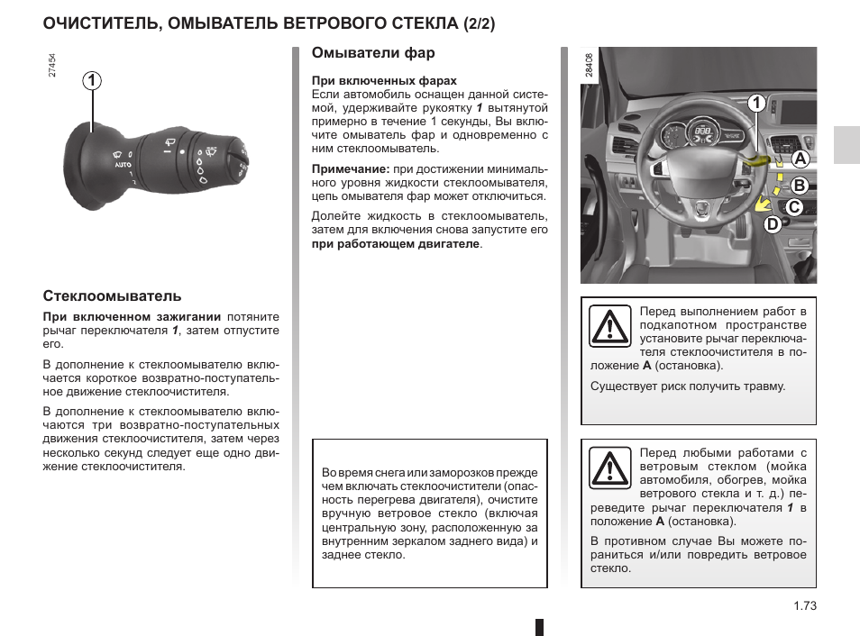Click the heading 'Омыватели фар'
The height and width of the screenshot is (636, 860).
tap(373, 54)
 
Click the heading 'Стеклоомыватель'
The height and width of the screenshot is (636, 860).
tap(113, 295)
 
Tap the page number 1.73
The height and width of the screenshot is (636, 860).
tap(804, 606)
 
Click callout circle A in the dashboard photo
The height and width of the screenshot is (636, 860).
tap(798, 159)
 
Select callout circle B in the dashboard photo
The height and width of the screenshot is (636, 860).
tap(798, 186)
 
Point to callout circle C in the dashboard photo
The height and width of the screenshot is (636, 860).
tap(792, 207)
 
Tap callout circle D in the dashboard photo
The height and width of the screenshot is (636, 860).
tap(773, 224)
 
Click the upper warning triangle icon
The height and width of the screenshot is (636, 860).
tap(609, 326)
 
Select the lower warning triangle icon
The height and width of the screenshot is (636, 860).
tap(609, 468)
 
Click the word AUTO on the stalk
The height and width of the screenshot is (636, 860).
tap(124, 166)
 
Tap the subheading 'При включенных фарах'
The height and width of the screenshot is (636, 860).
tap(384, 81)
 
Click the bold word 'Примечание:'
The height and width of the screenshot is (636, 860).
tap(351, 169)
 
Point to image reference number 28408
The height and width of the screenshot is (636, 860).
tap(589, 65)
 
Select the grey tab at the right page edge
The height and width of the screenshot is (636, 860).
tap(846, 144)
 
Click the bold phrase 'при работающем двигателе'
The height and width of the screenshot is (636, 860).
tap(396, 243)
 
